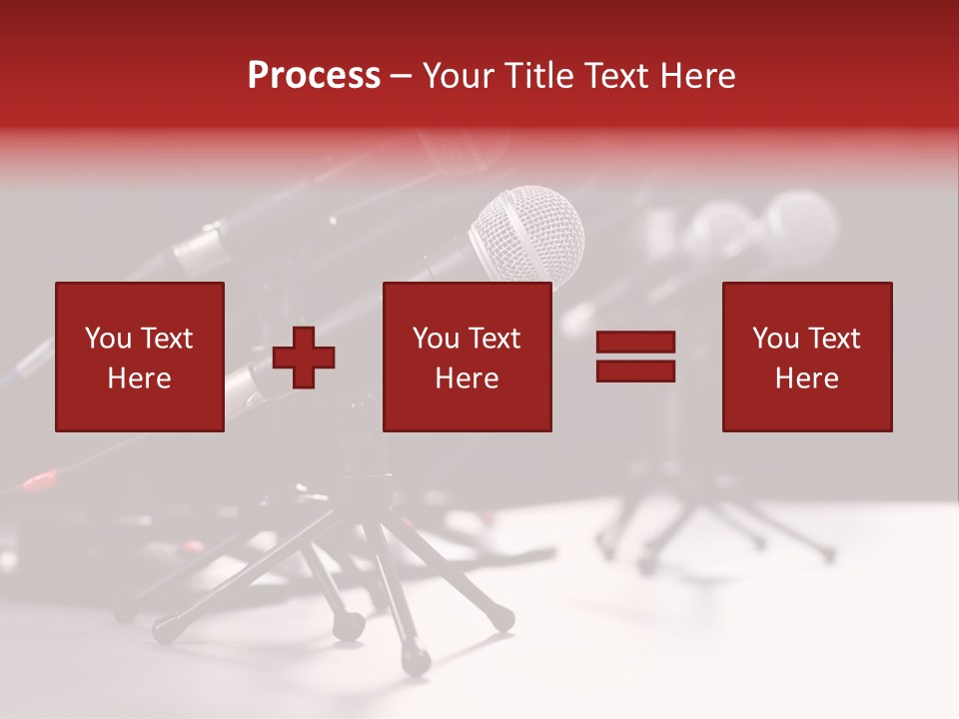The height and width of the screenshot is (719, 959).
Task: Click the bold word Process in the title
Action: (x=314, y=76)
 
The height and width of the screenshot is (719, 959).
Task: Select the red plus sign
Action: (x=304, y=357)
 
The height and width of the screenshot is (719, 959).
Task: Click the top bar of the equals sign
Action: (x=635, y=342)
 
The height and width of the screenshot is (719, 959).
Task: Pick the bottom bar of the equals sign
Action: (x=635, y=371)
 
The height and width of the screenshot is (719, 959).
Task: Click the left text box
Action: (x=140, y=357)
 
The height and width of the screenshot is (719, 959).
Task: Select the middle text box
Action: (x=468, y=357)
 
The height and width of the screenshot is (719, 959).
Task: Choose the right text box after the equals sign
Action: (x=807, y=357)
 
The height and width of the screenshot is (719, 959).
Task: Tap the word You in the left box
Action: (x=108, y=339)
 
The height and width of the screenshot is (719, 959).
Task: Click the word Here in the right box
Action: (x=807, y=378)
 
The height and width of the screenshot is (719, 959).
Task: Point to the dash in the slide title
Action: (x=402, y=77)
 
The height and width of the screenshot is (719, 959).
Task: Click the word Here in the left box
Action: (x=140, y=378)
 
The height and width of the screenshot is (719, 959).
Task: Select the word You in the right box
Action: (x=775, y=339)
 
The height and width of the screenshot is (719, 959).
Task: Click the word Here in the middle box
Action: (x=468, y=378)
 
